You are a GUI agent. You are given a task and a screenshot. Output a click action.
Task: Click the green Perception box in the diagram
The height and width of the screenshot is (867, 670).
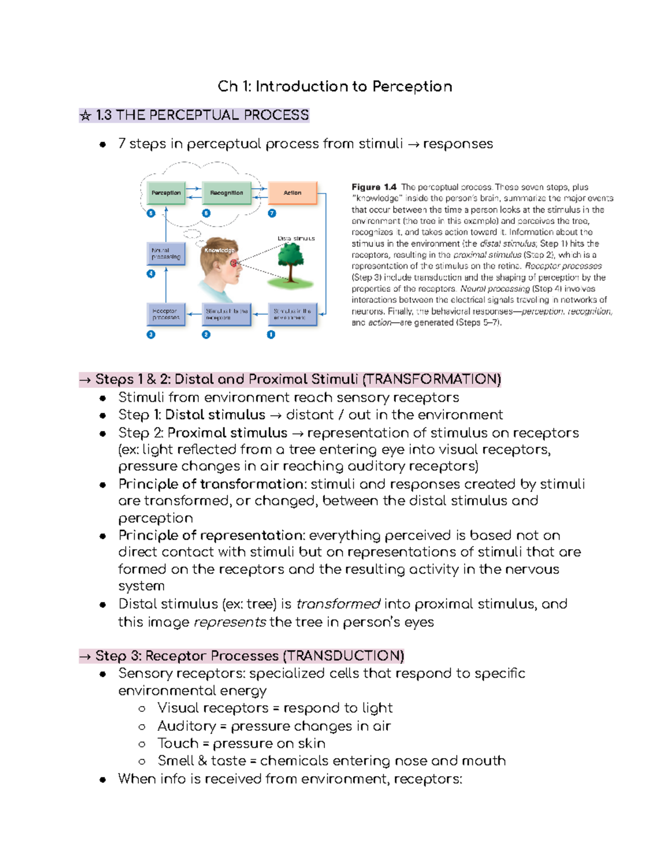pos(166,193)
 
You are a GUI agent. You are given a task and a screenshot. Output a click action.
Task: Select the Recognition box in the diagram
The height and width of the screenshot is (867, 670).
pos(226,193)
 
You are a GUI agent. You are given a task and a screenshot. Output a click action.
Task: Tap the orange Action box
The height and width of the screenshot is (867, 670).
pos(293,193)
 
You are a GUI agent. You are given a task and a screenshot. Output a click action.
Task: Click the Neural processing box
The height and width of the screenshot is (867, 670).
pos(166,254)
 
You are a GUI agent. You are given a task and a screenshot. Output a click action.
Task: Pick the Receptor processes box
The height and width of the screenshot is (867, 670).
pos(165,314)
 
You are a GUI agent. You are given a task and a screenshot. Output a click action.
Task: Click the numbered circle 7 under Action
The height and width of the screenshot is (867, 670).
pos(272,213)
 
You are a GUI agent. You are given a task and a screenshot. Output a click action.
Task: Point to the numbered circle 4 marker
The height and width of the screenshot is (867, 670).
pos(151,274)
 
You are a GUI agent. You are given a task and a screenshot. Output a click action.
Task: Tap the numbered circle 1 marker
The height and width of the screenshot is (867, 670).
pos(271,334)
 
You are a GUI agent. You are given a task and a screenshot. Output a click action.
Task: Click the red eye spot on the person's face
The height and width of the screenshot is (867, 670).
pos(234,263)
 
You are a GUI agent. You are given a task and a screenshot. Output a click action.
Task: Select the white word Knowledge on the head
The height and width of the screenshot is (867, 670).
pos(219,250)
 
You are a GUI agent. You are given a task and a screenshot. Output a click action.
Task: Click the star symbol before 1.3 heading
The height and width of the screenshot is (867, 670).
pos(85,116)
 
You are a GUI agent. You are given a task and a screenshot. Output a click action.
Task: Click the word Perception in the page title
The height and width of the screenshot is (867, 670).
pos(412,87)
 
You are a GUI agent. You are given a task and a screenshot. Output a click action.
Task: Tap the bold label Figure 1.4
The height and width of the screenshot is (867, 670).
pos(374,187)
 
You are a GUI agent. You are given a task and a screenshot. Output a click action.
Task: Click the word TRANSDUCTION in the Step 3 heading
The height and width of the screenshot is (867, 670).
pos(343,655)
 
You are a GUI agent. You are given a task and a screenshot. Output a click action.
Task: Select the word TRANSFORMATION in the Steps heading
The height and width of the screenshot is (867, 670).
pos(432,380)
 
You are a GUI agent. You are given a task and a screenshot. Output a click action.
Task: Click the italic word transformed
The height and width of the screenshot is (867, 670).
pos(338,604)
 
